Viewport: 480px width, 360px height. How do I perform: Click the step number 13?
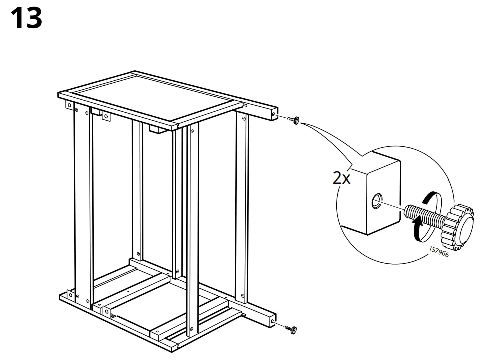point(26,18)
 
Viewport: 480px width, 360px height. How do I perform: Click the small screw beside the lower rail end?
point(291,329)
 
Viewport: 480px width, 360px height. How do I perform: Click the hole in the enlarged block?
point(376,203)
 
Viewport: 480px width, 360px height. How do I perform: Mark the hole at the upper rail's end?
point(273,115)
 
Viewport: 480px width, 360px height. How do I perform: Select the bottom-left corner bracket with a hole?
point(107,311)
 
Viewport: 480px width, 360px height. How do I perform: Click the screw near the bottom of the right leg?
point(243,296)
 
